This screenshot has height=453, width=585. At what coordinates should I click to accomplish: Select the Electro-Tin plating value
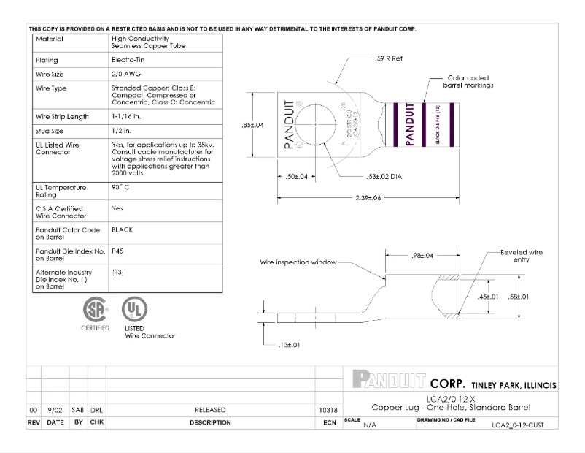tap(126, 61)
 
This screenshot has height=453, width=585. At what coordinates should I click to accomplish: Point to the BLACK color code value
tap(122, 229)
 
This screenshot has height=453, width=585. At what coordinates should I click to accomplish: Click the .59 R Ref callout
tap(389, 58)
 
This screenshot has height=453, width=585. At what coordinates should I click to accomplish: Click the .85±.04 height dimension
tap(252, 125)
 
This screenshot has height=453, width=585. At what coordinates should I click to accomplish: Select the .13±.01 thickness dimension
tap(291, 344)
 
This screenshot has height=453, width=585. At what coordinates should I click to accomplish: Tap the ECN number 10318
tap(328, 410)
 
